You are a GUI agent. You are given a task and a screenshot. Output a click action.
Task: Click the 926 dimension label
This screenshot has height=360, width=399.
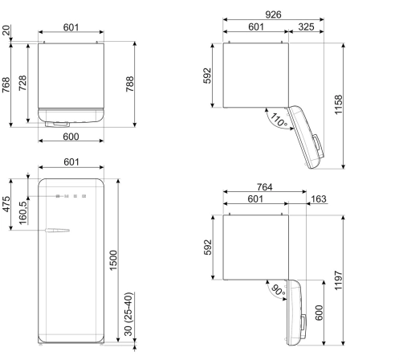click(x=273, y=14)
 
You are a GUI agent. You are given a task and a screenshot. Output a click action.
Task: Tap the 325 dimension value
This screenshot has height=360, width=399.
click(x=306, y=27)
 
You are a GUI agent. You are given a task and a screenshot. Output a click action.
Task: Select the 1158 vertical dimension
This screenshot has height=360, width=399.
click(x=339, y=104)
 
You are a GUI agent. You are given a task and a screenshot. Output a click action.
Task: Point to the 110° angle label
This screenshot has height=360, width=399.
click(x=279, y=120)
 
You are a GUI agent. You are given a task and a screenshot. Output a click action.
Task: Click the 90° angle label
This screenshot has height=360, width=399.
click(x=279, y=290)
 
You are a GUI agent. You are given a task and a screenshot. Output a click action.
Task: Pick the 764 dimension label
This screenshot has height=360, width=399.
click(x=264, y=187)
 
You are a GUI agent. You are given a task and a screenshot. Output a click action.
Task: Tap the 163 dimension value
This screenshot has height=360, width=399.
click(x=319, y=199)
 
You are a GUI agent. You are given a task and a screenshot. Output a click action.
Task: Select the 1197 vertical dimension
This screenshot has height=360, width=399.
click(x=339, y=280)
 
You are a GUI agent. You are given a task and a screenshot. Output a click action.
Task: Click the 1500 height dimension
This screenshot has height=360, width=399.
click(x=113, y=260)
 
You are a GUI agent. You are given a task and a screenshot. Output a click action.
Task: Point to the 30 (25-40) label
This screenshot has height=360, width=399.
click(x=128, y=314)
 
